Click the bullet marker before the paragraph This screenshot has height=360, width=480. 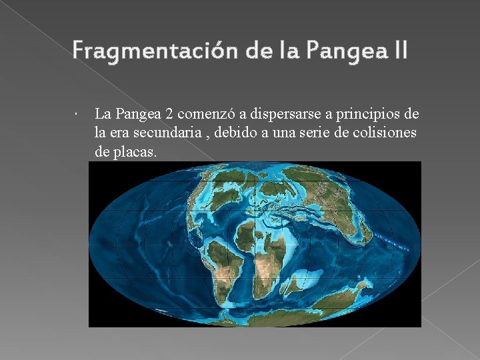pyautogui.click(x=78, y=114)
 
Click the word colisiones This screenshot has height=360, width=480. pyautogui.click(x=387, y=133)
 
